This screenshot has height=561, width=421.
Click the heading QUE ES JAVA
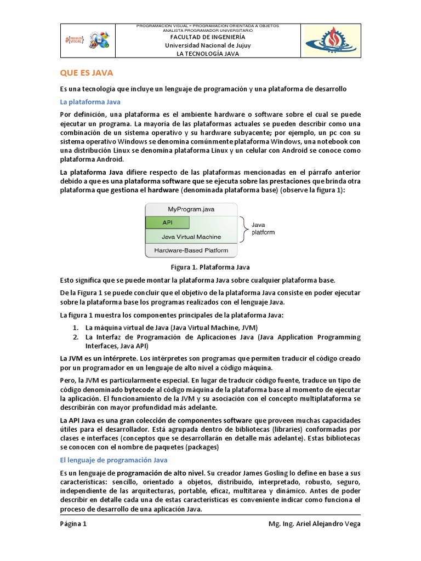(87, 73)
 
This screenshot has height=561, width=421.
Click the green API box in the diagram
(167, 223)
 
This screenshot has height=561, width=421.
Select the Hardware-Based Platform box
(191, 251)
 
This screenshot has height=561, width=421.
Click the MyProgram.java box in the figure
(191, 209)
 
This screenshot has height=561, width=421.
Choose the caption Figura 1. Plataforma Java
(210, 267)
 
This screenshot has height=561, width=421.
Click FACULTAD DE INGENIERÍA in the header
(207, 37)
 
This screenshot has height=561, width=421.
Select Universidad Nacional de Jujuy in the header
(207, 45)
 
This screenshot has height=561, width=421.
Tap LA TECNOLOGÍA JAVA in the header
(207, 54)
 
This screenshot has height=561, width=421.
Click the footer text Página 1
(73, 523)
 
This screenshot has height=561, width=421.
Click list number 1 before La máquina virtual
(76, 327)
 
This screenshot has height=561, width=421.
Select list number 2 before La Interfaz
(76, 337)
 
